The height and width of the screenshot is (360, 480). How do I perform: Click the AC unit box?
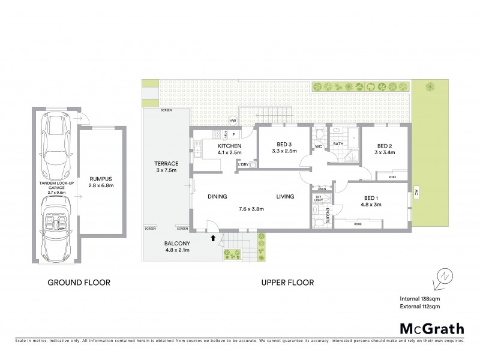tap(415, 196)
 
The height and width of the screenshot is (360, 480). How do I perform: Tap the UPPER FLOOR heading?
tap(287, 282)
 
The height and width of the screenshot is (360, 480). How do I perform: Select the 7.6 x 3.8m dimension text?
tap(251, 209)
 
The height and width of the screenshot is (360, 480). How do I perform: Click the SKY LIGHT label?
tap(318, 198)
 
